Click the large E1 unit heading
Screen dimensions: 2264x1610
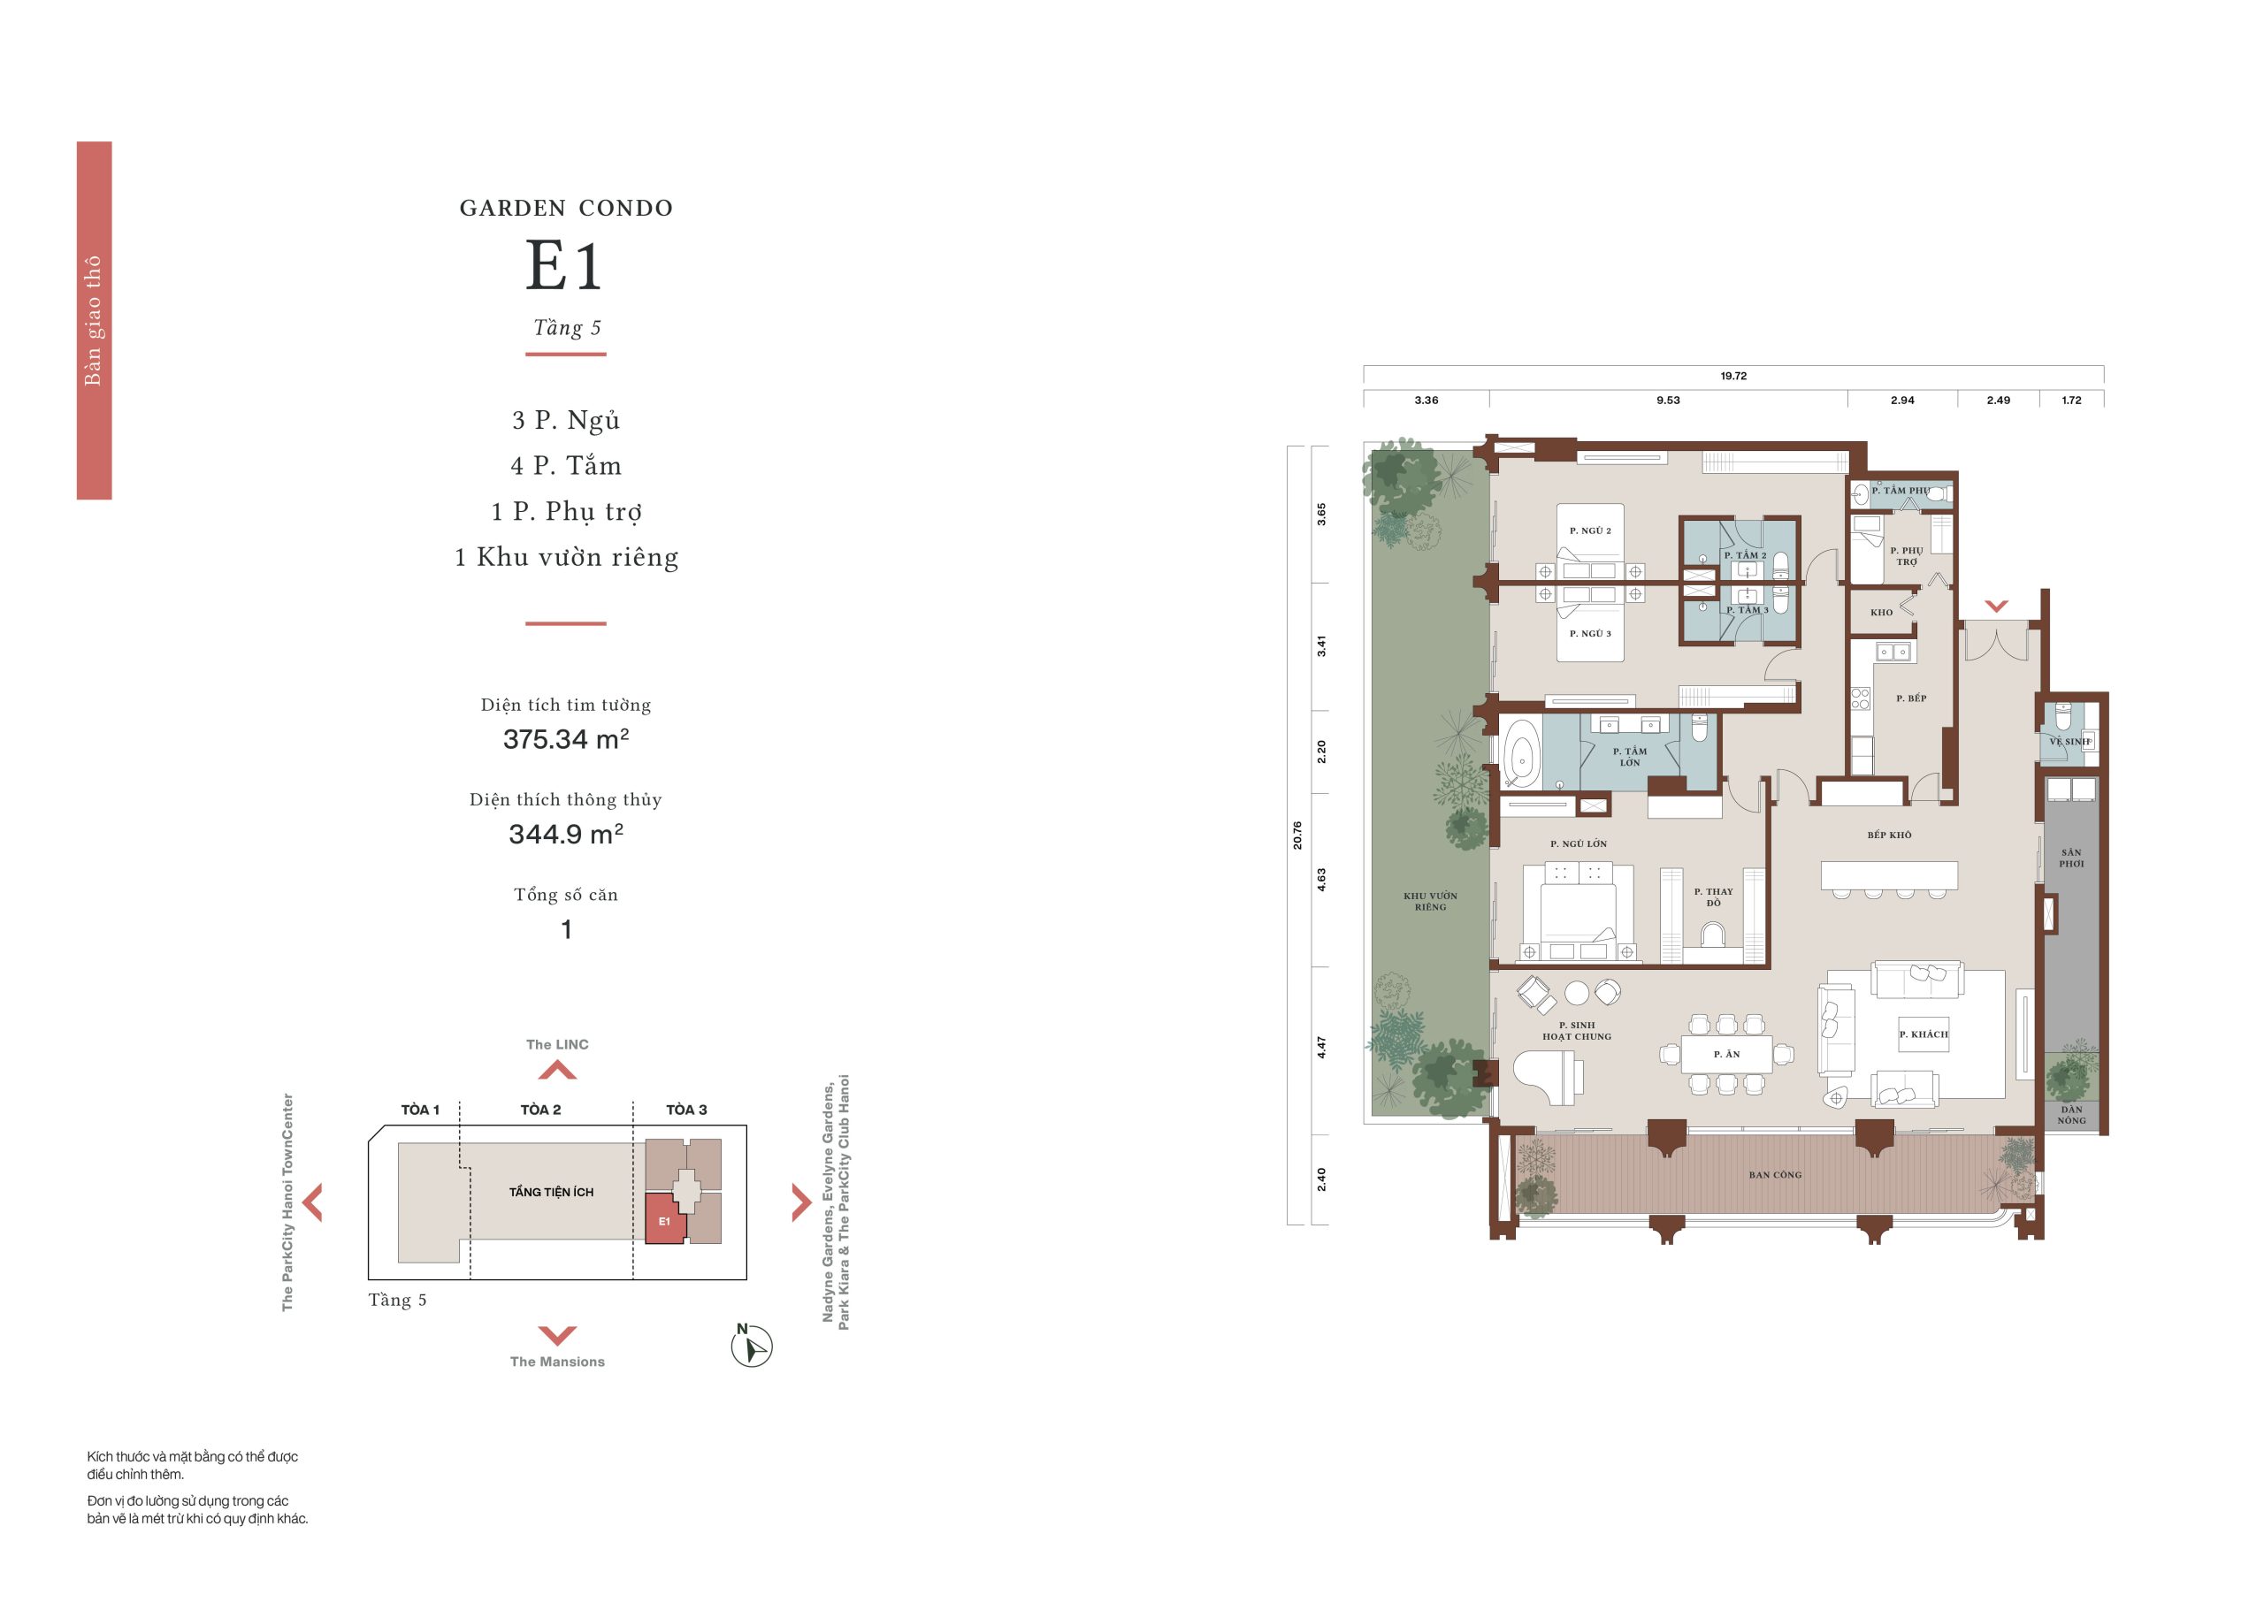(x=563, y=266)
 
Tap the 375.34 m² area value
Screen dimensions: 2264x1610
(x=565, y=738)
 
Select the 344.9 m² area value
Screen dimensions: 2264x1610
(x=565, y=834)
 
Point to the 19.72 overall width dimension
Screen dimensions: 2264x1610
(x=1733, y=376)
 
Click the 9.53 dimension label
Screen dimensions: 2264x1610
(x=1668, y=401)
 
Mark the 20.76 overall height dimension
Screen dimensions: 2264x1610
(x=1297, y=835)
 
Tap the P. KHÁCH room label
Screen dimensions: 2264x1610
(x=1924, y=1034)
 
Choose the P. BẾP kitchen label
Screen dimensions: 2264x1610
(x=1911, y=698)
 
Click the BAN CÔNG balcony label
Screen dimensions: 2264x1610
(x=1775, y=1175)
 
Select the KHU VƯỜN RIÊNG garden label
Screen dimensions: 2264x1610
(x=1430, y=901)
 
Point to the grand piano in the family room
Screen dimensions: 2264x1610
(x=1547, y=1077)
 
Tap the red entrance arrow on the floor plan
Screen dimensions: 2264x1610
(x=1996, y=606)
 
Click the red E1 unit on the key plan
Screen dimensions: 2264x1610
(x=665, y=1218)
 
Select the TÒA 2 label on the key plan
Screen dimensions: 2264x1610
(x=540, y=1110)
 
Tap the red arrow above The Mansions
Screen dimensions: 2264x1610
(x=556, y=1334)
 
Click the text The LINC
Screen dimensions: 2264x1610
(x=557, y=1045)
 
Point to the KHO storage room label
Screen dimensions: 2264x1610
(x=1881, y=613)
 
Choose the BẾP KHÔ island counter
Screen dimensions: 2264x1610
(x=1889, y=875)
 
